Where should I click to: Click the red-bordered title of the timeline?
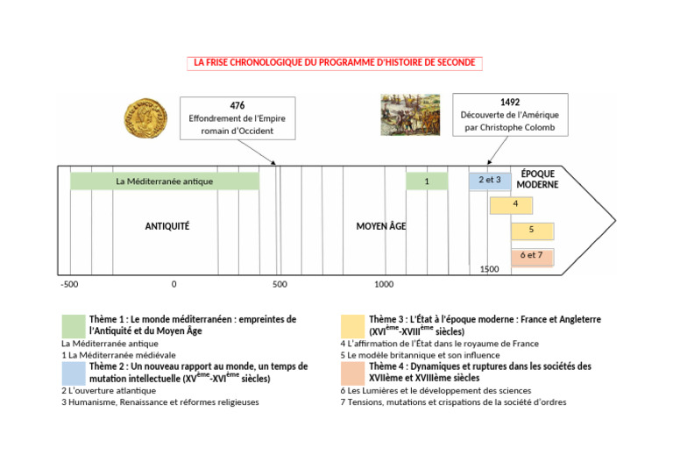pos(335,63)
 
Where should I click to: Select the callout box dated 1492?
pos(510,115)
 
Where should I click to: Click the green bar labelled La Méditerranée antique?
pos(165,181)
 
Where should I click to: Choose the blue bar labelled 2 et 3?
pos(489,181)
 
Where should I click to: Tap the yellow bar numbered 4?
pos(514,205)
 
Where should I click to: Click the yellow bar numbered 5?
pos(531,230)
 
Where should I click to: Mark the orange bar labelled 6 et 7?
pos(531,255)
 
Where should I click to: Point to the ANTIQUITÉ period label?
pos(166,226)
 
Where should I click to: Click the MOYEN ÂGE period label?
pos(380,226)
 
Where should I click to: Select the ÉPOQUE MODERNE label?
pos(537,180)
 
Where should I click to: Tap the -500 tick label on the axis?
pos(69,284)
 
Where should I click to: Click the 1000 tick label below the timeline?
pos(384,284)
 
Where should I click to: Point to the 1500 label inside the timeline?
pos(489,269)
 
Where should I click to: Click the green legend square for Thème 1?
pos(73,325)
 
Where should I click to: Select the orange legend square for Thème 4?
pos(353,373)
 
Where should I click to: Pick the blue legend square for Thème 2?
pos(73,373)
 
